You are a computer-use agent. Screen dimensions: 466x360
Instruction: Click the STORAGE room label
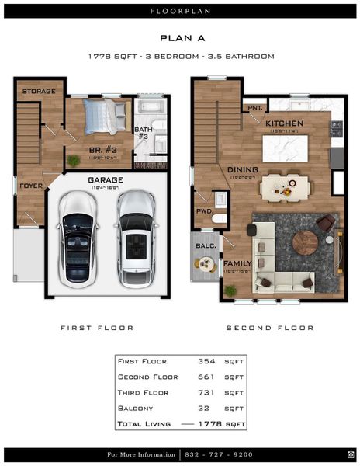[38, 92]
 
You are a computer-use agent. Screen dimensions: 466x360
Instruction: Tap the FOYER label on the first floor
[31, 186]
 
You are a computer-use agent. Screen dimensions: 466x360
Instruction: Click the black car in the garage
[78, 240]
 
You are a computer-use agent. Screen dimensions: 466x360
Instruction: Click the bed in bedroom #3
[105, 116]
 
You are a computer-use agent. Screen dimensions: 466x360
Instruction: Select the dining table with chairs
[285, 186]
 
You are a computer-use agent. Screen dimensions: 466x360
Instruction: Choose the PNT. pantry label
[252, 108]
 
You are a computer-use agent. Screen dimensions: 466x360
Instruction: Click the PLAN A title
[179, 37]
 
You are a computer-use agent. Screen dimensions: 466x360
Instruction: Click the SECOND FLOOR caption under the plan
[269, 328]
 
